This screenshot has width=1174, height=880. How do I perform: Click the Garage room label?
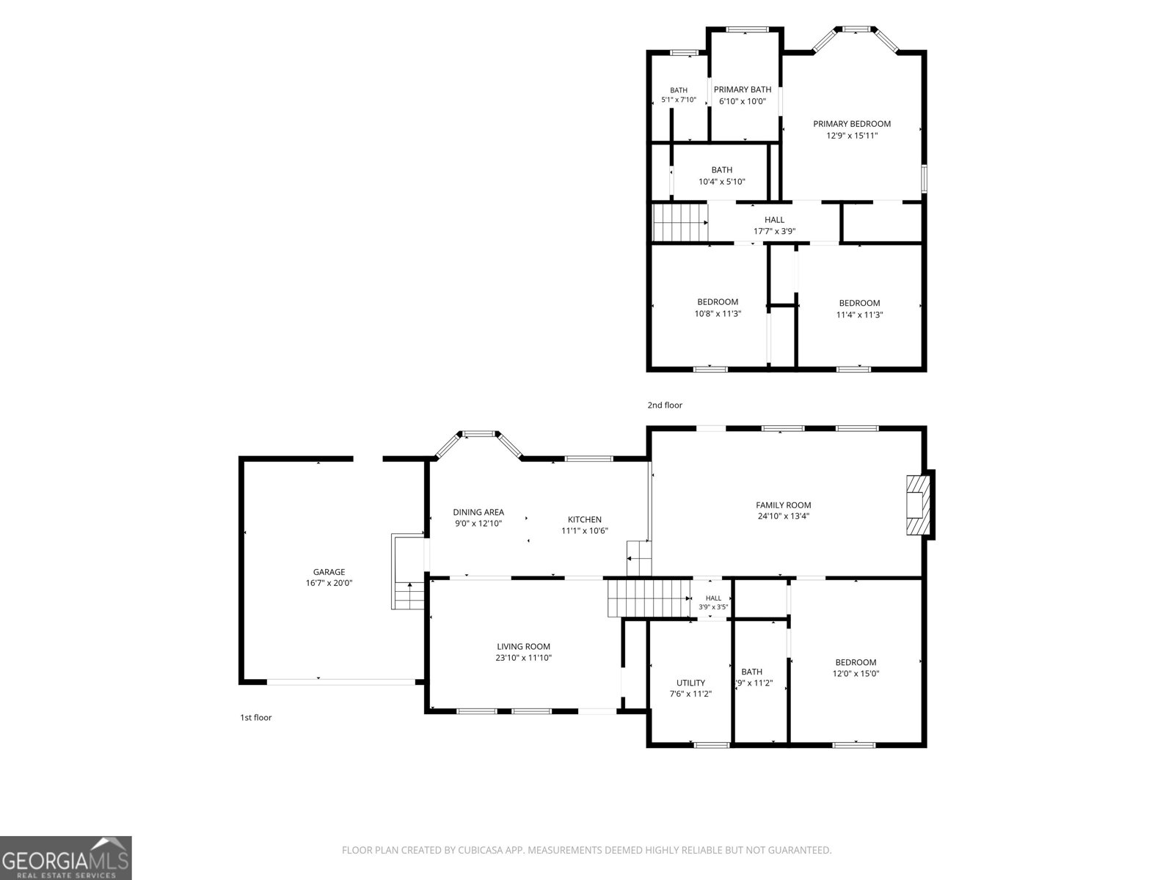pyautogui.click(x=329, y=572)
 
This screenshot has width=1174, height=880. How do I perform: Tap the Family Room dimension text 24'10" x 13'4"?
pyautogui.click(x=784, y=516)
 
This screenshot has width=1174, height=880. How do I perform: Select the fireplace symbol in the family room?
pyautogui.click(x=919, y=505)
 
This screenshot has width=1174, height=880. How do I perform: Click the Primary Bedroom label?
pyautogui.click(x=852, y=124)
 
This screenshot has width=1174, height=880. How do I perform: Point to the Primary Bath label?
pyautogui.click(x=743, y=89)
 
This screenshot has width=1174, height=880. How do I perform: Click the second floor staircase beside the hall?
pyautogui.click(x=680, y=223)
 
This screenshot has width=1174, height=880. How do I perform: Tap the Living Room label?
pyautogui.click(x=523, y=647)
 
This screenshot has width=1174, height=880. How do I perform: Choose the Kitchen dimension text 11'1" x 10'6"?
pyautogui.click(x=585, y=530)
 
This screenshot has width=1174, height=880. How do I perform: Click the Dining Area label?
pyautogui.click(x=478, y=512)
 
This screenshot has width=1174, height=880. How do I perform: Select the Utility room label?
pyautogui.click(x=690, y=683)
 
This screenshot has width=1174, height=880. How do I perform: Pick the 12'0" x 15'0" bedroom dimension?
pyautogui.click(x=856, y=674)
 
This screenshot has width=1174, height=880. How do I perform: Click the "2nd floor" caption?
pyautogui.click(x=665, y=405)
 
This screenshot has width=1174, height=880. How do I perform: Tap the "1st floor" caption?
pyautogui.click(x=255, y=718)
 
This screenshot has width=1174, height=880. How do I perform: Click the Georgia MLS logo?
pyautogui.click(x=66, y=858)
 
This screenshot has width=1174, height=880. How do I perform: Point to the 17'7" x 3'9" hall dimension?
pyautogui.click(x=774, y=231)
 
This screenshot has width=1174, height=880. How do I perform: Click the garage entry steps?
pyautogui.click(x=408, y=571)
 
